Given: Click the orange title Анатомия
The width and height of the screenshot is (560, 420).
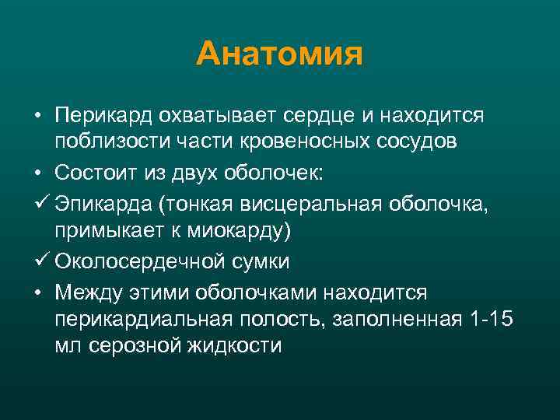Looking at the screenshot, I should tap(280, 54).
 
